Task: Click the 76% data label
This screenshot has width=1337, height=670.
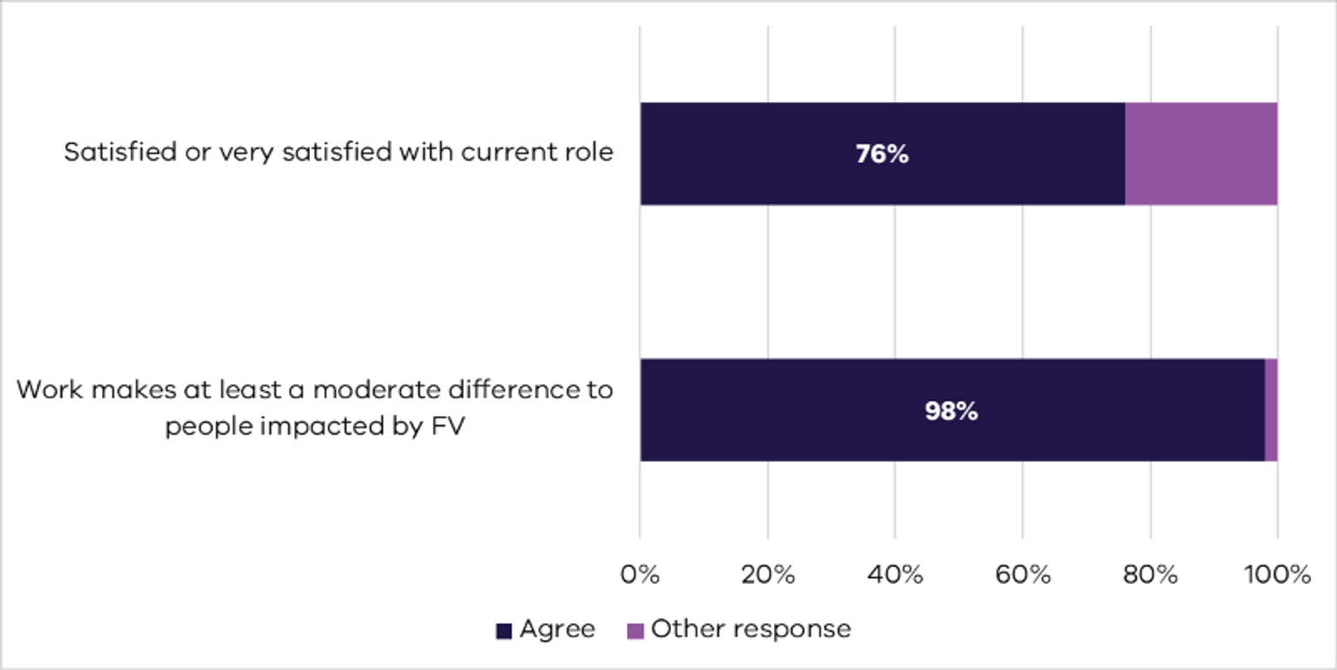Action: (882, 155)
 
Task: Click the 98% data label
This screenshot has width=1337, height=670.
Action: (951, 412)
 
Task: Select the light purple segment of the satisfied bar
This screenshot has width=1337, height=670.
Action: (1200, 154)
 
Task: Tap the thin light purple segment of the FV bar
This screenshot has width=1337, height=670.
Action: (1271, 410)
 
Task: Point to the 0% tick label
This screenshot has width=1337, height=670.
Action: (640, 575)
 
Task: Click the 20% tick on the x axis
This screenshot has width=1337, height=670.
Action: (768, 575)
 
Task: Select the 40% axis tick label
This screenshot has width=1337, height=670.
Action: (895, 575)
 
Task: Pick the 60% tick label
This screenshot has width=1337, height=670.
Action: (1022, 575)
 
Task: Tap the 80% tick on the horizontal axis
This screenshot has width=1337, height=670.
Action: (1150, 575)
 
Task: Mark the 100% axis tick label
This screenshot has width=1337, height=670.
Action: (1277, 575)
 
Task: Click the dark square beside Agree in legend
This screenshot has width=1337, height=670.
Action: (503, 631)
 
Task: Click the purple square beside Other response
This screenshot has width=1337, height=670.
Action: (635, 631)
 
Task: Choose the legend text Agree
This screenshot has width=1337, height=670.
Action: (557, 629)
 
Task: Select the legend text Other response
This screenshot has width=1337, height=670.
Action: (750, 629)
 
